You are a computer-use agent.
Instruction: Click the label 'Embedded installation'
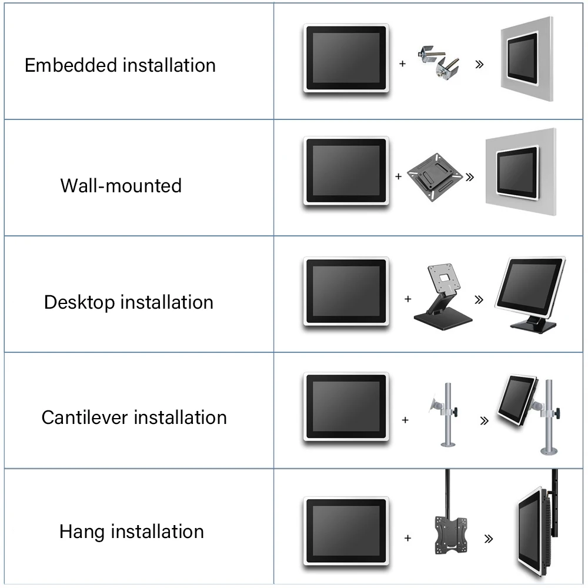120,65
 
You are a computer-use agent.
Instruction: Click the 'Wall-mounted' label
121,186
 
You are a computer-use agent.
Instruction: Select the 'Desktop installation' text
128,302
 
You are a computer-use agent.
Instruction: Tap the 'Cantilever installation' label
134,417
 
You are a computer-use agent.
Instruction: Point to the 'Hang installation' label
132,532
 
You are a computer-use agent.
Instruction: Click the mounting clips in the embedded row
440,62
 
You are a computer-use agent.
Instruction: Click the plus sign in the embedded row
403,64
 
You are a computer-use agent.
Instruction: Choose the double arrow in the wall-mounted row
470,175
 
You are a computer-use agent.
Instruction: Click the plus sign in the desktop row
407,299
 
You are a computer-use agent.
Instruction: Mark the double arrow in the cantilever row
484,420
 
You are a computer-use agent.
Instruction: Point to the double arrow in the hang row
487,538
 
